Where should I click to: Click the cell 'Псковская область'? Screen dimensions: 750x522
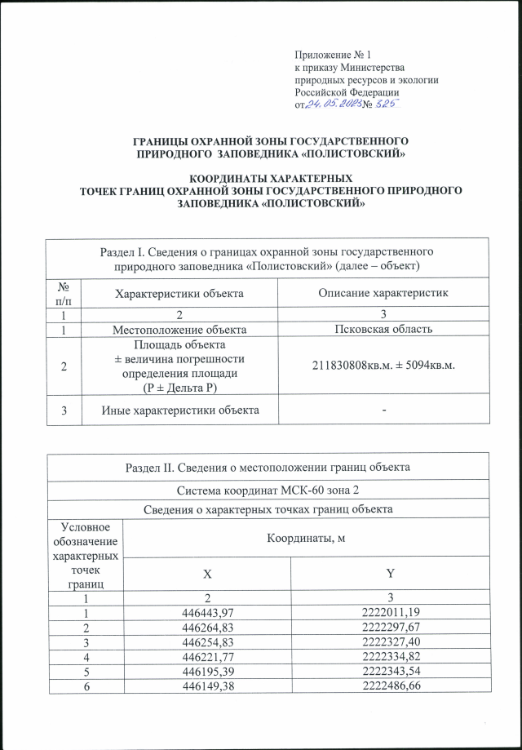383,329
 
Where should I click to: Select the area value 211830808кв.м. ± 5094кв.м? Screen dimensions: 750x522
383,364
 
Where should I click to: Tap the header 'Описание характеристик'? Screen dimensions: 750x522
383,293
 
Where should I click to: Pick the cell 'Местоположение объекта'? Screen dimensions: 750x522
179,329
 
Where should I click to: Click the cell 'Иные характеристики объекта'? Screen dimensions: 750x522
179,409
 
